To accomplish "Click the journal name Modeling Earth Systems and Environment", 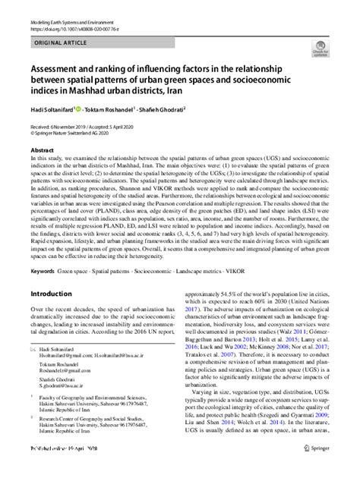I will tap(66, 5).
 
